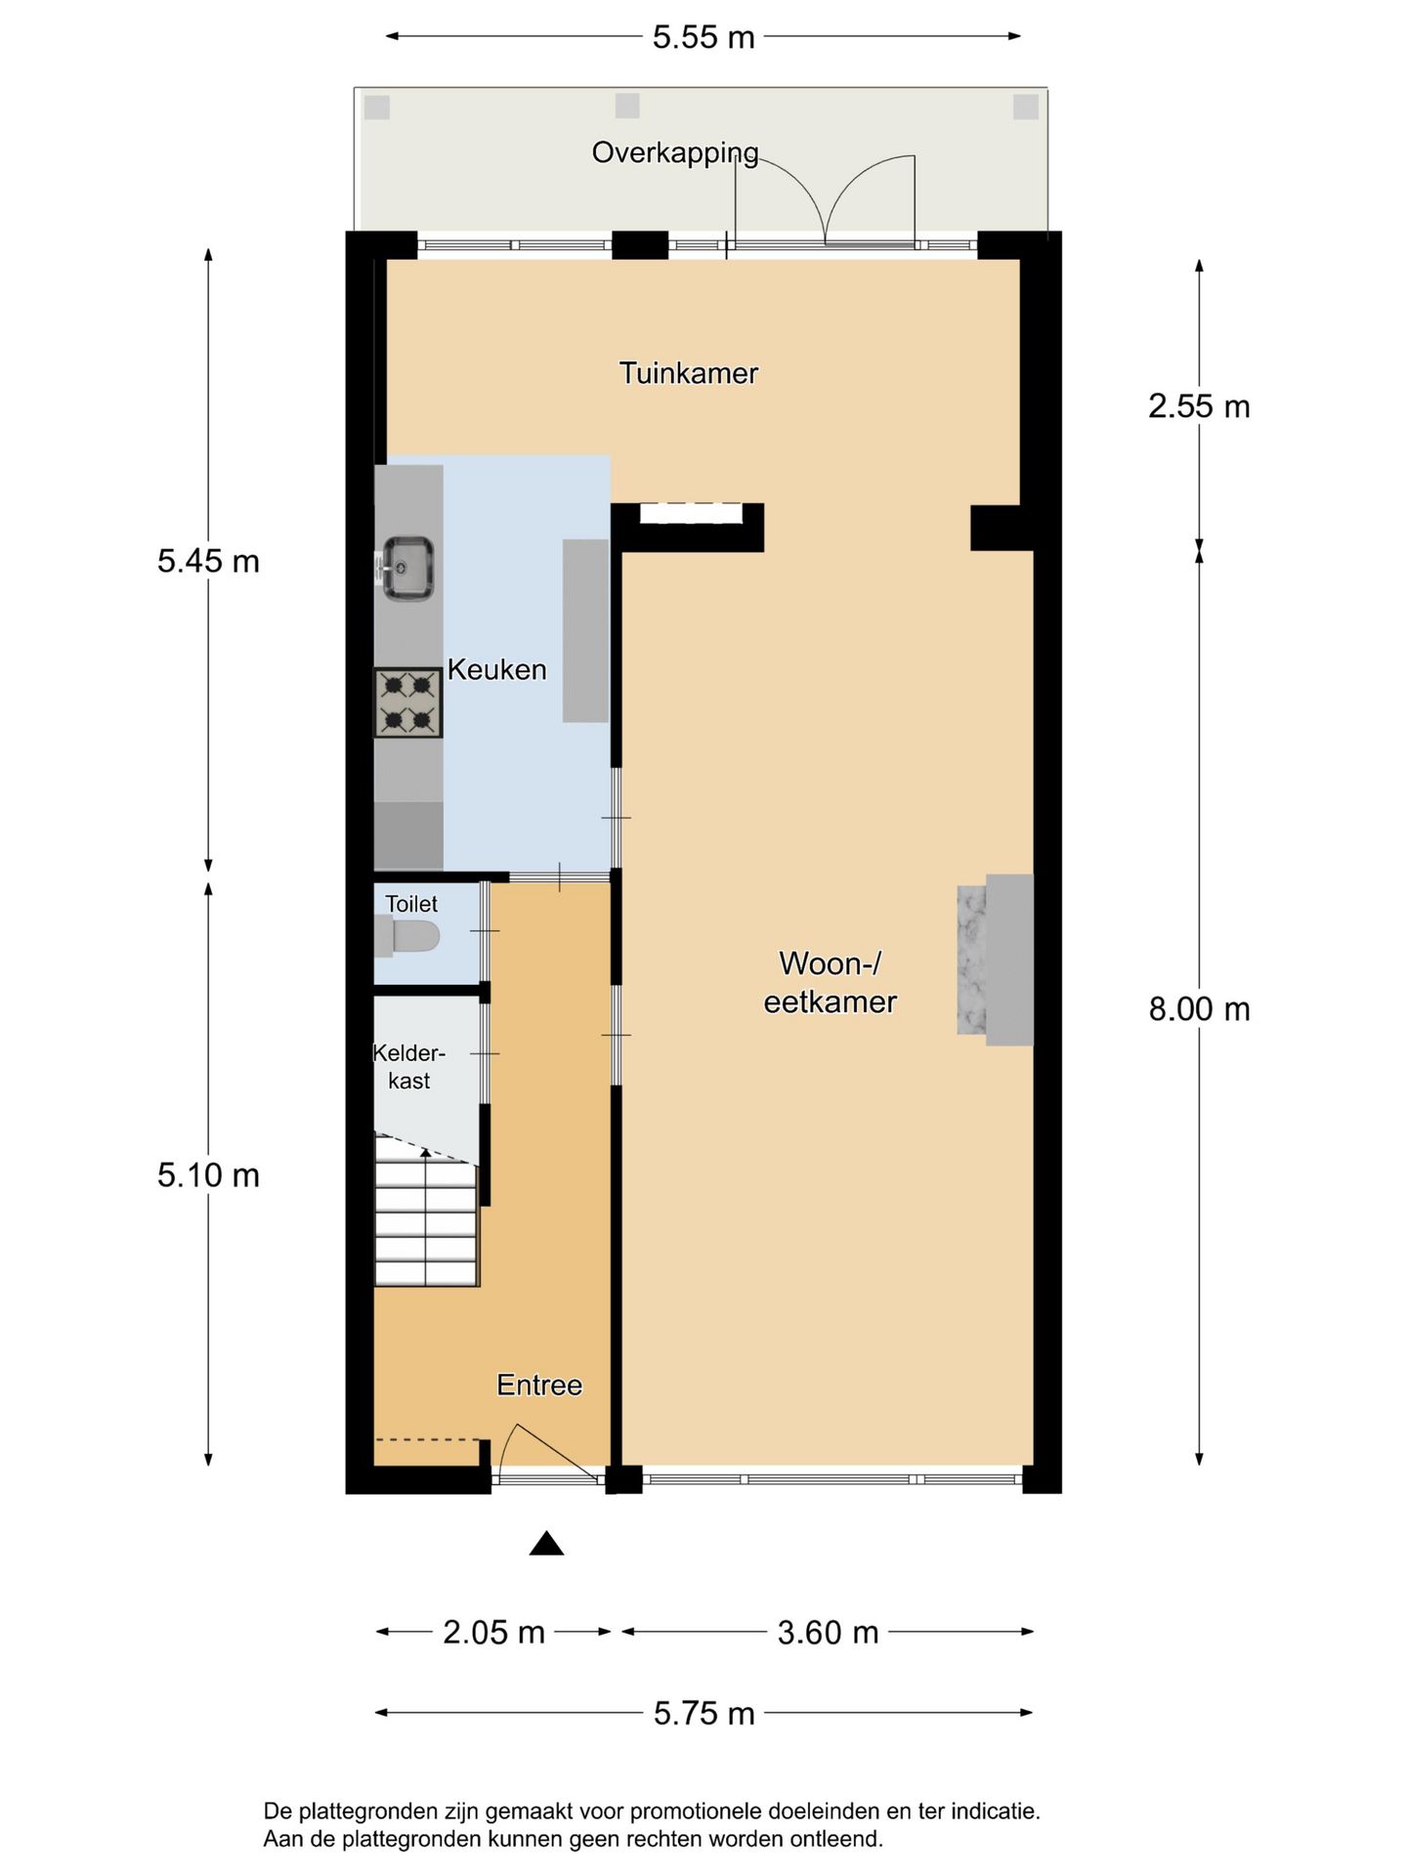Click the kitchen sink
pyautogui.click(x=406, y=568)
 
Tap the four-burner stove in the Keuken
pyautogui.click(x=408, y=703)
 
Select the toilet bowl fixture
pyautogui.click(x=407, y=936)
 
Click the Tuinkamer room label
pyautogui.click(x=689, y=373)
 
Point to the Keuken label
pyautogui.click(x=496, y=669)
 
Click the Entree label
pyautogui.click(x=539, y=1385)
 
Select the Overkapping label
pyautogui.click(x=675, y=153)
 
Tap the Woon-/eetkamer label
pyautogui.click(x=831, y=982)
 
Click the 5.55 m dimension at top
pyautogui.click(x=703, y=37)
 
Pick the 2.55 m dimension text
pyautogui.click(x=1199, y=406)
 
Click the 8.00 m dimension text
pyautogui.click(x=1199, y=1009)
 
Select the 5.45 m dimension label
pyautogui.click(x=208, y=561)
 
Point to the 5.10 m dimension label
pyautogui.click(x=208, y=1174)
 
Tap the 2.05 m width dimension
pyautogui.click(x=493, y=1632)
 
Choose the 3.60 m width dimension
pyautogui.click(x=828, y=1632)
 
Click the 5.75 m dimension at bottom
pyautogui.click(x=703, y=1713)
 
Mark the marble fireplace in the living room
pyautogui.click(x=995, y=959)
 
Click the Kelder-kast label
pyautogui.click(x=408, y=1067)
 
